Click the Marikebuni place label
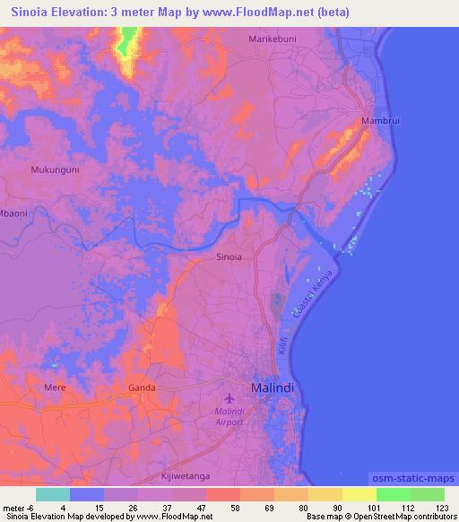272,39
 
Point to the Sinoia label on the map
229,257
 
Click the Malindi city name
273,387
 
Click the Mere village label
55,387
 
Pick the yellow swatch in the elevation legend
359,494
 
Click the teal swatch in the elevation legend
53,494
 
